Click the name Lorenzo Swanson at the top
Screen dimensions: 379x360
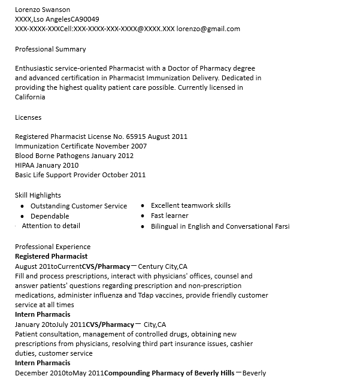point(42,10)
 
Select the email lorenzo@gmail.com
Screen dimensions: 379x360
point(208,29)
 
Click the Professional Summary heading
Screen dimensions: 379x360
point(50,49)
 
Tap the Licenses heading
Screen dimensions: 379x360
point(28,117)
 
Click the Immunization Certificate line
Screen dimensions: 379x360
point(81,146)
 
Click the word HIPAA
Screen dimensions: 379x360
point(25,165)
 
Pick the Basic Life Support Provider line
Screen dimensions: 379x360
point(80,175)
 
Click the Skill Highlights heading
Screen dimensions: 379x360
point(38,195)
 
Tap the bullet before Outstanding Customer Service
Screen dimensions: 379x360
point(22,207)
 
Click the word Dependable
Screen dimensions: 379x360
point(50,216)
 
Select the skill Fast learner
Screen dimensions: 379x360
point(170,216)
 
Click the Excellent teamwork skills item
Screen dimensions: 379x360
point(190,205)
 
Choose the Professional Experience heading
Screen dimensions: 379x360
point(53,247)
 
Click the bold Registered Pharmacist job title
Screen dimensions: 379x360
point(51,256)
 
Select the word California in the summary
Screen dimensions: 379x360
point(30,97)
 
